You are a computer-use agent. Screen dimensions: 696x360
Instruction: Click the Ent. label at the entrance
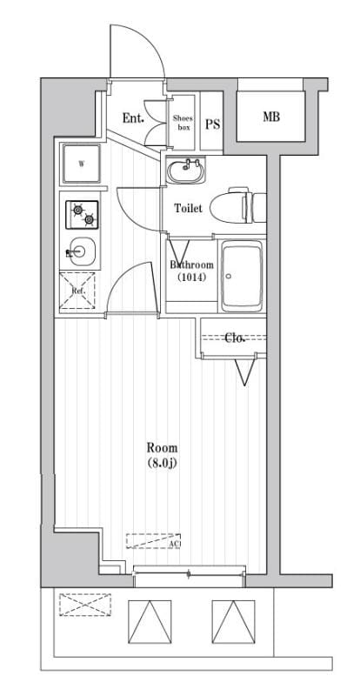click(x=133, y=118)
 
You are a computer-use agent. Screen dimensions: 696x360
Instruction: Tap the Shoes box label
click(x=183, y=122)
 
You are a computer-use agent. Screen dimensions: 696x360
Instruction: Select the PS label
click(x=212, y=124)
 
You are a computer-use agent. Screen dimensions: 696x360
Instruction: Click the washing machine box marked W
click(x=82, y=163)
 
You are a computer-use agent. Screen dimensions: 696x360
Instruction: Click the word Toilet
click(x=189, y=209)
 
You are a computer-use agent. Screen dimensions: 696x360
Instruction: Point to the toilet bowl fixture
click(x=240, y=204)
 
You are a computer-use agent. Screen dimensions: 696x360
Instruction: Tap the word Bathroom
click(x=190, y=264)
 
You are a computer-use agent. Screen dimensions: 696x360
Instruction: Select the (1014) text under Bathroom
click(x=191, y=278)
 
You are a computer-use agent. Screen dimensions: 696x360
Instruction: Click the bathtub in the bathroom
click(x=243, y=277)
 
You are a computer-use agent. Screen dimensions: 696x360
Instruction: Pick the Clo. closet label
click(x=235, y=338)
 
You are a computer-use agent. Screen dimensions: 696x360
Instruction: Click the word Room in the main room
click(x=161, y=449)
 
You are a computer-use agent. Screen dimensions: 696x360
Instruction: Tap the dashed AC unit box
click(x=153, y=541)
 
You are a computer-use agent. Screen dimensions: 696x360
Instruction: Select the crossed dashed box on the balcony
click(x=85, y=604)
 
